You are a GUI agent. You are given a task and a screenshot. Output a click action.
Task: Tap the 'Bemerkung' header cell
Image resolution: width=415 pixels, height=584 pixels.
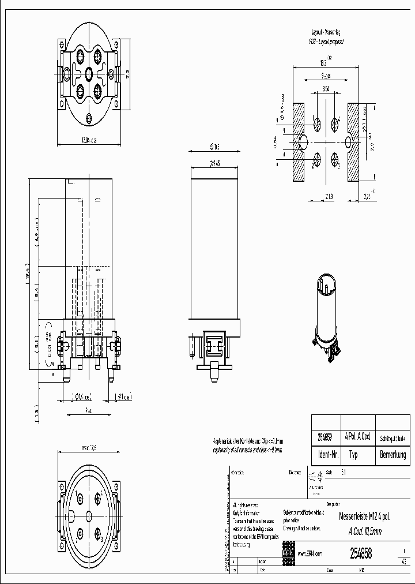(393, 455)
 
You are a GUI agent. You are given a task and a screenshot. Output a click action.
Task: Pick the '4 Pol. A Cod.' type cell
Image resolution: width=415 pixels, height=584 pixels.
(357, 437)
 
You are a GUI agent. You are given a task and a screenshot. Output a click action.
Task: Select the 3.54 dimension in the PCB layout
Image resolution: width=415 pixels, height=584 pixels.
(326, 89)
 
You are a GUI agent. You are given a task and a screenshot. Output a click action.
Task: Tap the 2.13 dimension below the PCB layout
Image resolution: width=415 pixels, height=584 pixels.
(326, 197)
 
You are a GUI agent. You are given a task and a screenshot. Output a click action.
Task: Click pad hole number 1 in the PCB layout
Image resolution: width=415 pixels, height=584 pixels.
(318, 123)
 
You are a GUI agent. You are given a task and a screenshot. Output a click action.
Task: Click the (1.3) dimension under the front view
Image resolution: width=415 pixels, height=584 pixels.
(36, 413)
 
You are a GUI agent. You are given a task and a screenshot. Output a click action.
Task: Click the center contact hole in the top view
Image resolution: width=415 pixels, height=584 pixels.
(88, 73)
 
